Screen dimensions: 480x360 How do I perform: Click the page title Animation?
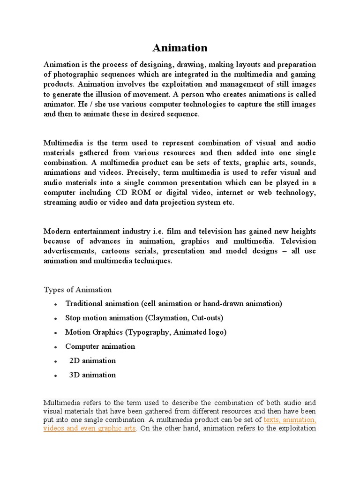(x=180, y=48)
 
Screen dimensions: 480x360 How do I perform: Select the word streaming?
(x=60, y=202)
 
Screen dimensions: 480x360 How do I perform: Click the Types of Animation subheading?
(x=78, y=289)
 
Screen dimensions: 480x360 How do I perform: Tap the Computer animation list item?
(x=100, y=346)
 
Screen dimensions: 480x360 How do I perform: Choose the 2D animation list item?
(x=92, y=360)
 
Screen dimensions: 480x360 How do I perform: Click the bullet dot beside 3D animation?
(x=55, y=375)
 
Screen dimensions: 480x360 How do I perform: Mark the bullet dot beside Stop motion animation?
(x=55, y=319)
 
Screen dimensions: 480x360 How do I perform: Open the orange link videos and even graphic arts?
(x=90, y=428)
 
